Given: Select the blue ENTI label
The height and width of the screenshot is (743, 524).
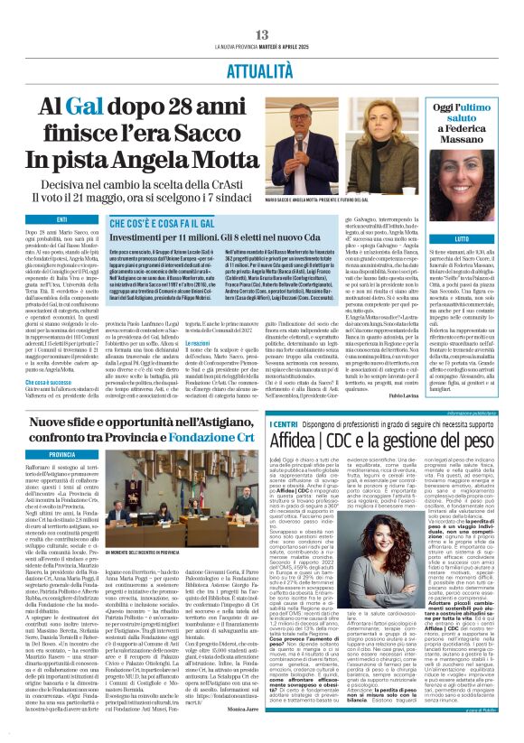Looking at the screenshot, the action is [61, 220].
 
